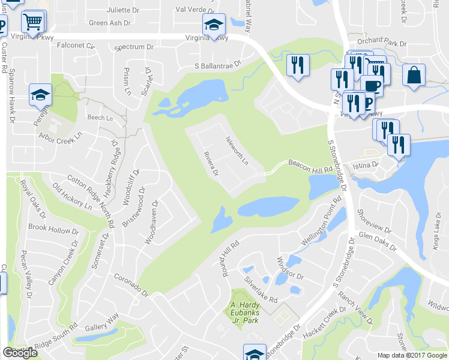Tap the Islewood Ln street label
(x=237, y=150)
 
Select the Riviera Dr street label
(x=211, y=163)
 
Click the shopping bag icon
(x=414, y=75)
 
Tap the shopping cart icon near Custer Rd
(x=34, y=22)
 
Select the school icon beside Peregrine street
(x=40, y=94)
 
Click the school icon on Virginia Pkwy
(x=212, y=24)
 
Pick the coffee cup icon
(x=372, y=85)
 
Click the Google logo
(x=20, y=353)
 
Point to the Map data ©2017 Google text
(x=412, y=355)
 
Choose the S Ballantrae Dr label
(x=217, y=65)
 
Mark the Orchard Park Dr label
(x=381, y=43)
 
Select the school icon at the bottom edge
(x=255, y=353)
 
